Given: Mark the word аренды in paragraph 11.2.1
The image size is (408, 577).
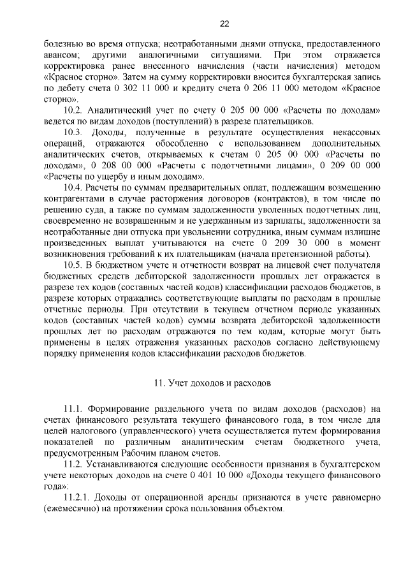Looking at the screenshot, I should point(213,497).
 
